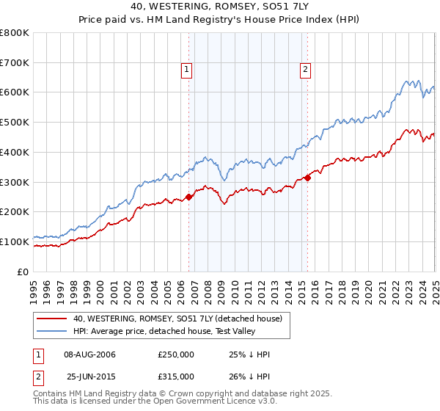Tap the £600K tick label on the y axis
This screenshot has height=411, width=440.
click(x=15, y=92)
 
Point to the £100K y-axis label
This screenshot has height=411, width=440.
click(x=15, y=241)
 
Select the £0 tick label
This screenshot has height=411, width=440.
click(x=24, y=272)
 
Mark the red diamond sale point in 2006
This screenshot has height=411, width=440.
click(x=189, y=196)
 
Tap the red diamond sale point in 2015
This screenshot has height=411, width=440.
click(x=307, y=177)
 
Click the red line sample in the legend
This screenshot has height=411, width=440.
click(x=51, y=318)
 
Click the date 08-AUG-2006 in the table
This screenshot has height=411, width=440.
click(x=89, y=354)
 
